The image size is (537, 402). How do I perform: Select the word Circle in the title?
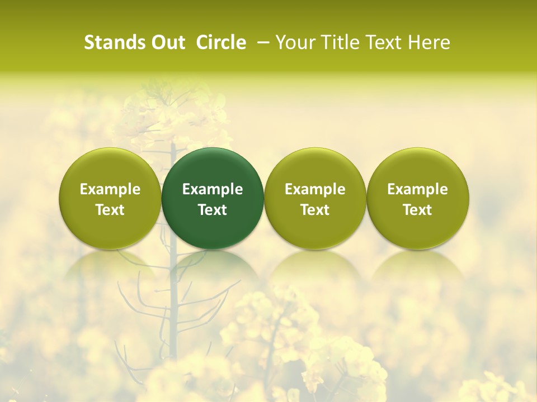point(221,42)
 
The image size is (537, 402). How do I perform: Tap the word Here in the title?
point(430,42)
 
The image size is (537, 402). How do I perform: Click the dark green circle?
point(213,198)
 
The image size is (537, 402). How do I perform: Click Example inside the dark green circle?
point(213,189)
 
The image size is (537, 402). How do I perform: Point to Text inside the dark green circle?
point(213,210)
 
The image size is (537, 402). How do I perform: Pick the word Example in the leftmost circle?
point(110,189)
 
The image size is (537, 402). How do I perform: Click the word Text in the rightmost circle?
point(418,210)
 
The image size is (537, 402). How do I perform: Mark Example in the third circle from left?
point(315,189)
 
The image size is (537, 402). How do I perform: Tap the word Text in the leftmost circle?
point(110,210)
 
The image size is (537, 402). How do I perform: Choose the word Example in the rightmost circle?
point(418,189)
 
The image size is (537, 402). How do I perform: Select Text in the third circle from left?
point(315,210)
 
